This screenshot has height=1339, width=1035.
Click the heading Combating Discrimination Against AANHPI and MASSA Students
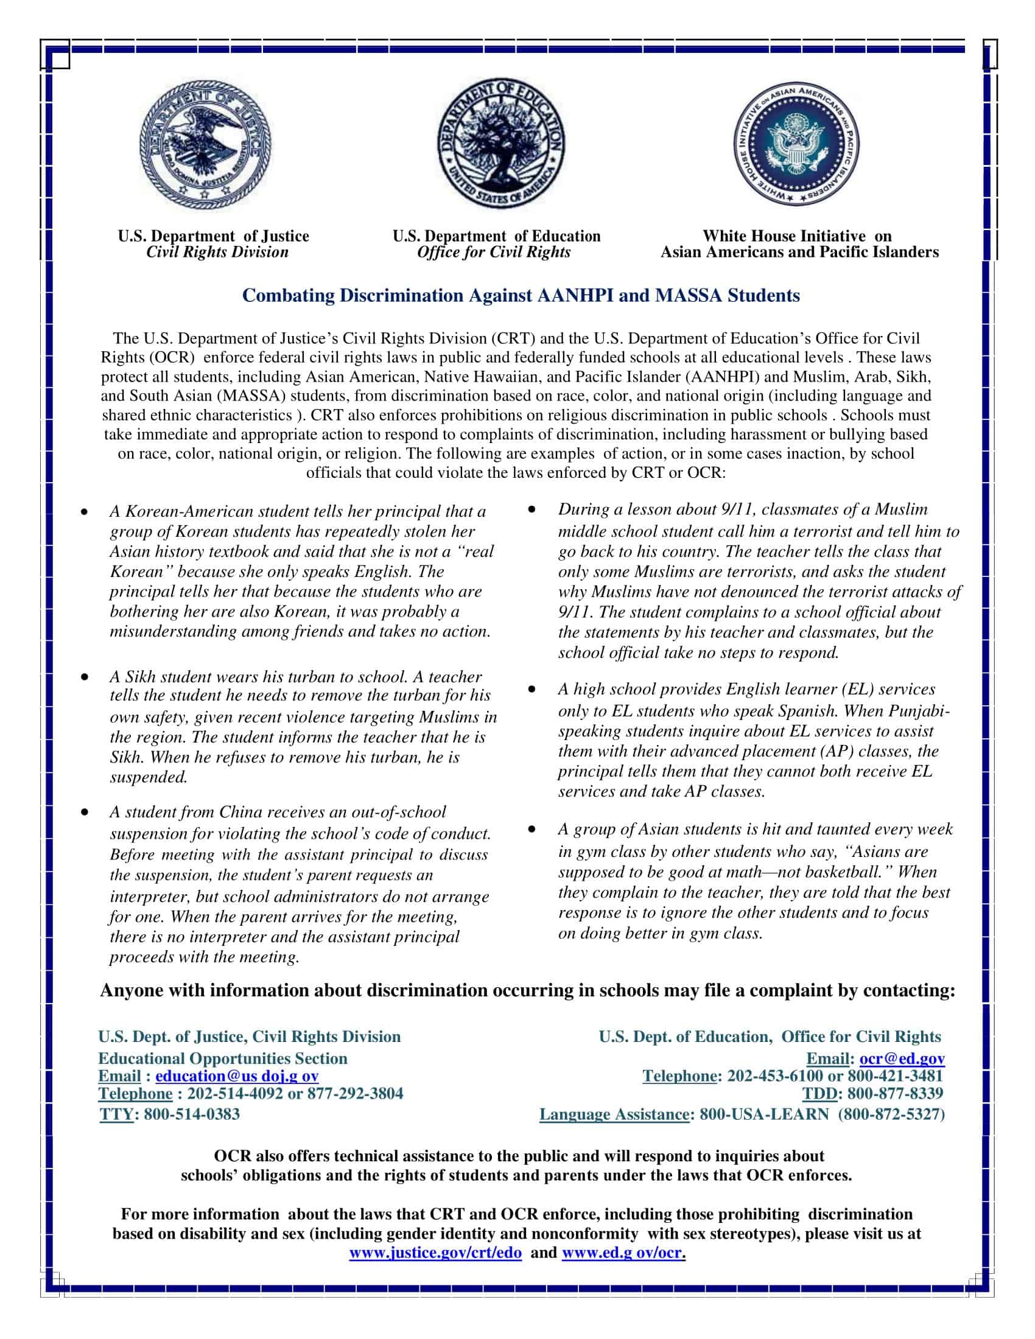[x=521, y=296]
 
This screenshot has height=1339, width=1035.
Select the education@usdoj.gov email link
[x=237, y=1076]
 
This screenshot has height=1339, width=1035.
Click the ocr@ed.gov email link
[x=902, y=1058]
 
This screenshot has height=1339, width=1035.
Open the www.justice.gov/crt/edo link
[x=435, y=1252]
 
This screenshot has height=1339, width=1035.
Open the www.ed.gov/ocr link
[x=622, y=1252]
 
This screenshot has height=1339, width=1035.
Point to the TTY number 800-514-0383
[x=191, y=1113]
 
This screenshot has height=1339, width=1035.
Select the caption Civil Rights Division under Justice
[x=217, y=252]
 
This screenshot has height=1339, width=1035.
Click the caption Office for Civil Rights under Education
[x=494, y=252]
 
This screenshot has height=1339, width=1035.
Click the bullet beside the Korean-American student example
[x=85, y=512]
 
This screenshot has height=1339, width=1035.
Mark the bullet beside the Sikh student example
[x=85, y=677]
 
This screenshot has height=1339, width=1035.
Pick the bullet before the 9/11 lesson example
[x=532, y=509]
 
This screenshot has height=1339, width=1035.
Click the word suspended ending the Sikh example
[x=149, y=777]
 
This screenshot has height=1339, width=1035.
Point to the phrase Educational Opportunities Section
[x=223, y=1058]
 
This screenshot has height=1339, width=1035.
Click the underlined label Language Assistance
[x=614, y=1113]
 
